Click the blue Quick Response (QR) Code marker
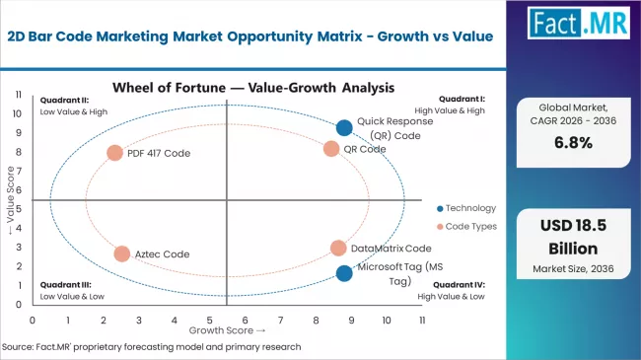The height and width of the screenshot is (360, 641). click(343, 127)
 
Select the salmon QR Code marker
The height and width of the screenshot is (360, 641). click(331, 149)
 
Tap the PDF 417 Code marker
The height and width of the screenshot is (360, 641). click(114, 153)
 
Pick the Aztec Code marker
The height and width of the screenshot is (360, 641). click(121, 253)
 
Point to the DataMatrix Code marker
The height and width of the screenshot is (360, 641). click(338, 249)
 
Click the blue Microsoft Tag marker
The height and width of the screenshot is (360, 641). click(343, 273)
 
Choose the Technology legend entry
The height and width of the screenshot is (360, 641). click(465, 208)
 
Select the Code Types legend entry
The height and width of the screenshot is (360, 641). click(465, 226)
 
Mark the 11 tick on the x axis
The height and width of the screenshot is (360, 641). click(422, 321)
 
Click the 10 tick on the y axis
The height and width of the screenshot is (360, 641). click(19, 113)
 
